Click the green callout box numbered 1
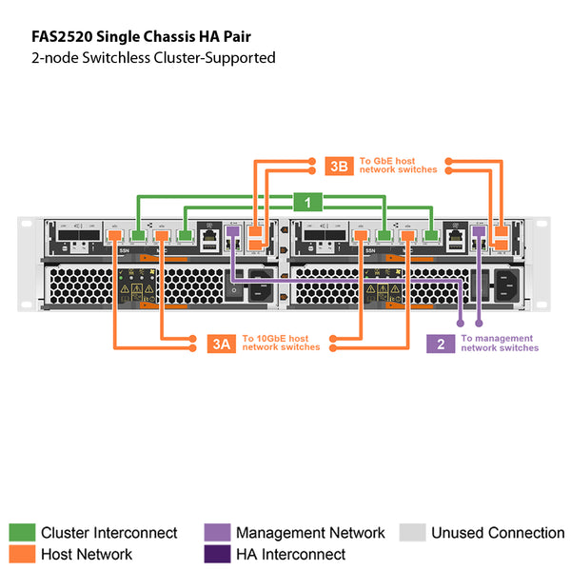pos(307,202)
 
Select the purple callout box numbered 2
pos(441,344)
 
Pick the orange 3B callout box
pos(339,165)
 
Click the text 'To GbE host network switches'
pos(398,165)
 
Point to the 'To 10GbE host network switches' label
pos(281,344)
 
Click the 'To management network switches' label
pos(500,344)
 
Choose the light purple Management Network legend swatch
pos(216,533)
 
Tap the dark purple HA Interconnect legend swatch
pos(216,554)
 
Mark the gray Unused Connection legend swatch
pos(411,533)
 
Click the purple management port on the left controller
pos(233,231)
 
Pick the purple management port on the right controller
pos(479,231)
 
